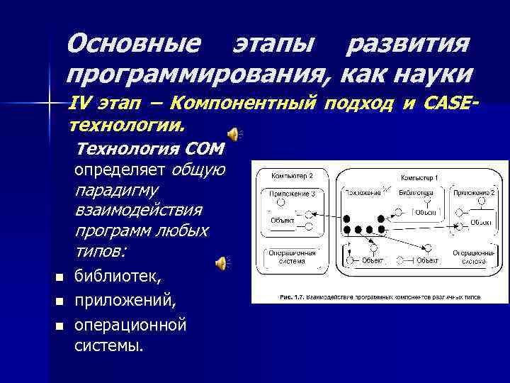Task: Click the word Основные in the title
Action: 133,44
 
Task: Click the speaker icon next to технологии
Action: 234,133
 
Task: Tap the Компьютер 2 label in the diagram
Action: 291,174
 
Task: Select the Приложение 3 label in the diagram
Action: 291,192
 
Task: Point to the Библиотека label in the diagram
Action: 416,192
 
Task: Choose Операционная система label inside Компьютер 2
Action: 287,257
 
